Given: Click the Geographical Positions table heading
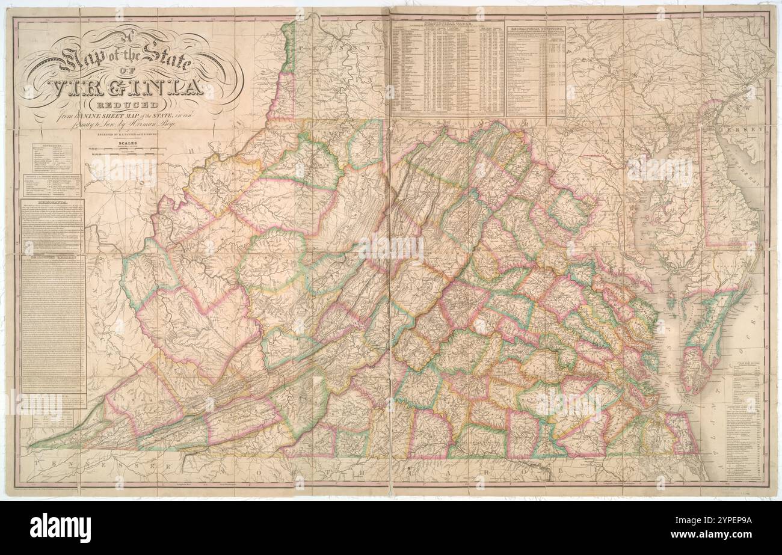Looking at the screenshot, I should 535,28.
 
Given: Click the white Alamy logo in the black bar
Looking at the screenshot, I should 60,528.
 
